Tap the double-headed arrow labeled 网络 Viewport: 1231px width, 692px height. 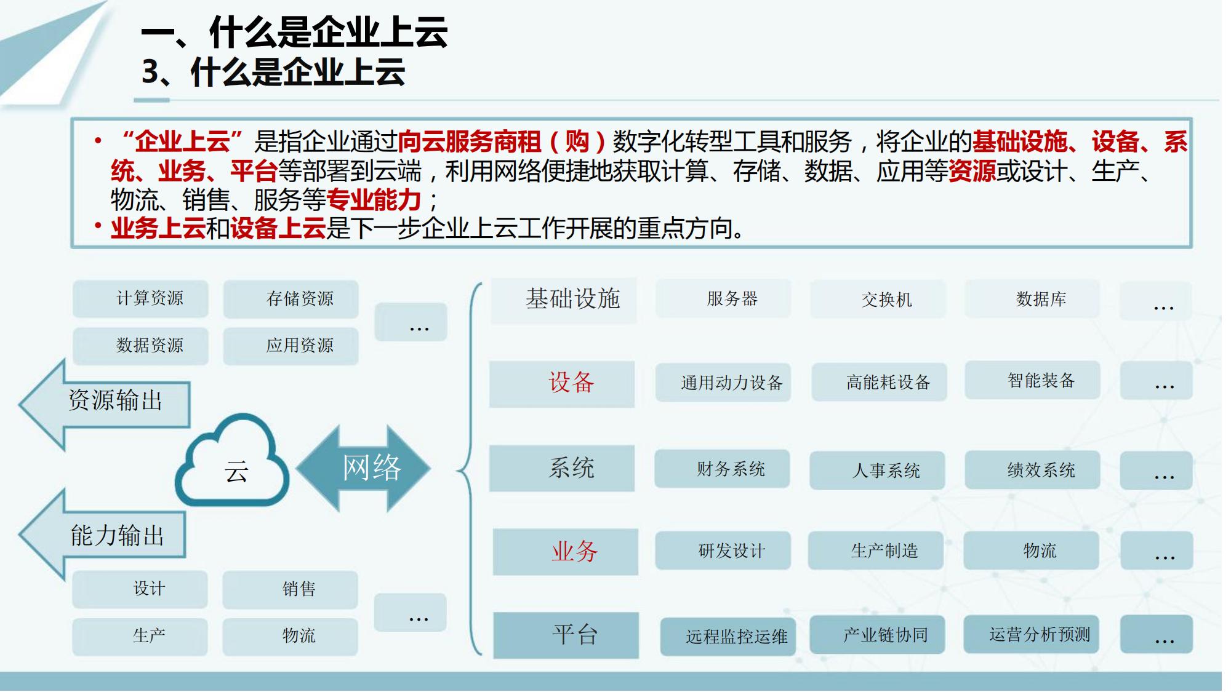tap(363, 468)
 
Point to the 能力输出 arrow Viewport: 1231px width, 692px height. tap(102, 535)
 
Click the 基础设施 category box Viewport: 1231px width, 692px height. tap(564, 300)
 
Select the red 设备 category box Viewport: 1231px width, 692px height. tap(562, 384)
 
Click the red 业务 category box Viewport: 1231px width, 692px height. tap(566, 552)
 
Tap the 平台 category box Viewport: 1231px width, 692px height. tap(566, 635)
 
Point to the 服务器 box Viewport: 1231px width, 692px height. tap(723, 299)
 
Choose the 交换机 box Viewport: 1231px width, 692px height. tap(878, 300)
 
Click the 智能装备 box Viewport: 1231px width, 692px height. tap(1032, 380)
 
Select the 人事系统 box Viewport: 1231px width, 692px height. tap(877, 471)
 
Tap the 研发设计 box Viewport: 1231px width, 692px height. tap(723, 551)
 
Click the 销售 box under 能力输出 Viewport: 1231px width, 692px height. tap(290, 589)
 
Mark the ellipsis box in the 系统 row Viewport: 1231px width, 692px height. tap(1157, 471)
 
